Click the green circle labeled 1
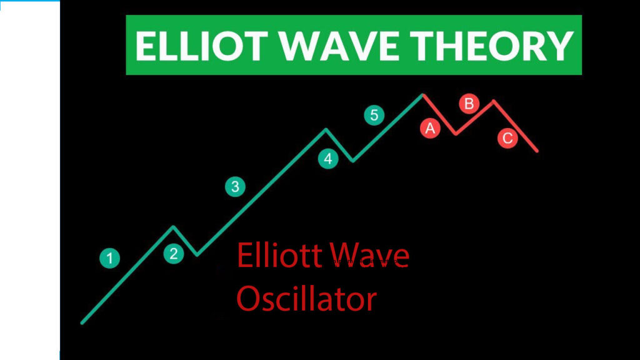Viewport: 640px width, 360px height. (109, 258)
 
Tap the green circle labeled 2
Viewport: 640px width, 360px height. (174, 254)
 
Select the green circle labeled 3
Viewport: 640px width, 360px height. (235, 186)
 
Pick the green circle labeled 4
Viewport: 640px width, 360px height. (328, 159)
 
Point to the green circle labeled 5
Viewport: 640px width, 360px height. (374, 115)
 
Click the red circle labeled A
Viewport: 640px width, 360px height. (430, 129)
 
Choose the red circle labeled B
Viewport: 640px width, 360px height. (469, 104)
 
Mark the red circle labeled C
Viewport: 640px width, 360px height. (507, 138)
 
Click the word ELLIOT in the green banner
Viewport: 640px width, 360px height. (201, 46)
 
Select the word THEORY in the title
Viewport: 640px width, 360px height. (492, 46)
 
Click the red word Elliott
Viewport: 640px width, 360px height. (279, 256)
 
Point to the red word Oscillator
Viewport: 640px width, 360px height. (306, 298)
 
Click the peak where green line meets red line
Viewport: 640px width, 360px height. (423, 95)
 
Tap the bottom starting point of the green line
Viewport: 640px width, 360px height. (82, 323)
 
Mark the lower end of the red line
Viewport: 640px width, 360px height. (537, 151)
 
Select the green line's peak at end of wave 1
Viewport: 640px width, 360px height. (173, 226)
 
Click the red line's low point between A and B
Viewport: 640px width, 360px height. (456, 134)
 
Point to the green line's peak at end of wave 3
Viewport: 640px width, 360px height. (326, 130)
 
